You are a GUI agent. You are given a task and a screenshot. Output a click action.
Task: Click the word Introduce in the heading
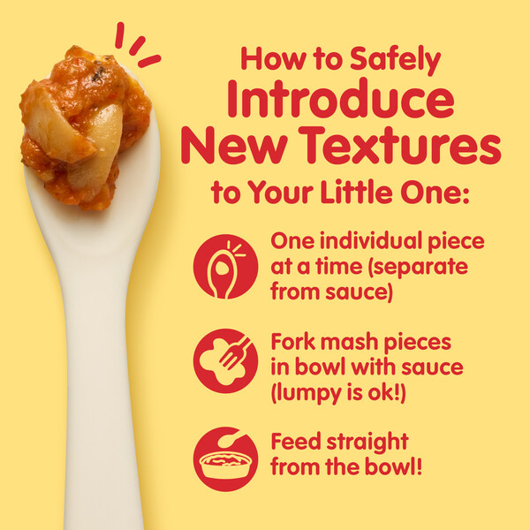pyautogui.click(x=341, y=98)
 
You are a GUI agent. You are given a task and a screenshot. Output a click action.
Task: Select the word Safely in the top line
pyautogui.click(x=395, y=60)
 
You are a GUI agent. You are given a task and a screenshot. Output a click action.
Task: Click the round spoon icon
pyautogui.click(x=225, y=267)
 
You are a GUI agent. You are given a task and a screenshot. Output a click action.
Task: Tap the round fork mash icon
pyautogui.click(x=225, y=361)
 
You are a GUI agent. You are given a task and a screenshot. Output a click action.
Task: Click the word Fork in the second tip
pyautogui.click(x=292, y=342)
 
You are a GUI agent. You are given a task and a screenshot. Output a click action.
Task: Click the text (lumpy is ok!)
pyautogui.click(x=338, y=393)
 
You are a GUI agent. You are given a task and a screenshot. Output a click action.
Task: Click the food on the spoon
pyautogui.click(x=85, y=128)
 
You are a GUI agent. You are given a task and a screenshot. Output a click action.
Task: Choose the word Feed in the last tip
pyautogui.click(x=296, y=442)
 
